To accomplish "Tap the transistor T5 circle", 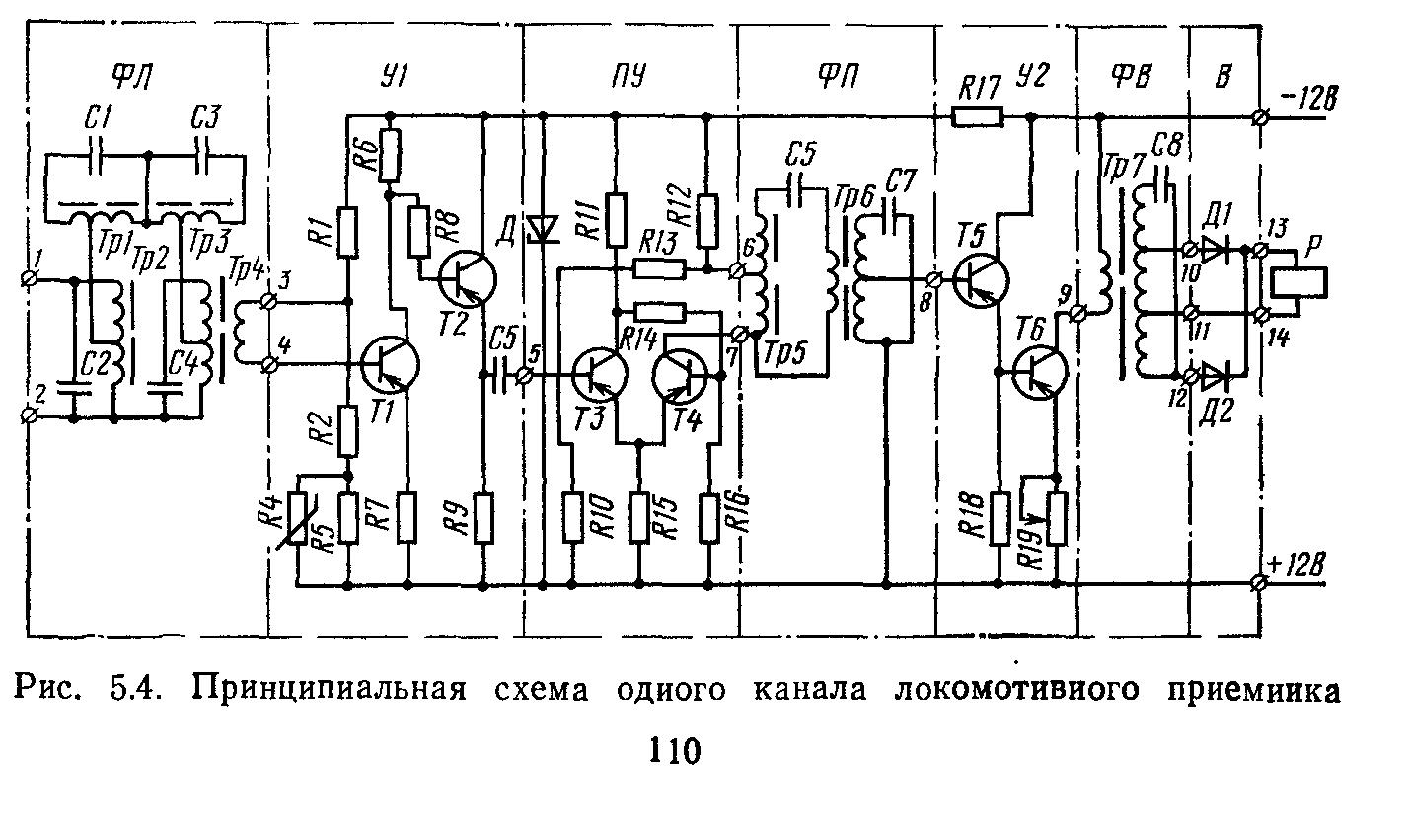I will tap(982, 279).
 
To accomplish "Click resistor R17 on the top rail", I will tap(977, 118).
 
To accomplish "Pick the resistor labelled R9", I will tap(483, 517).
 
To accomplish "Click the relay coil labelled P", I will tap(1300, 281).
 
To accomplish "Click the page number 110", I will tap(674, 752).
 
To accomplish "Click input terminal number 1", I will tap(30, 280).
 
